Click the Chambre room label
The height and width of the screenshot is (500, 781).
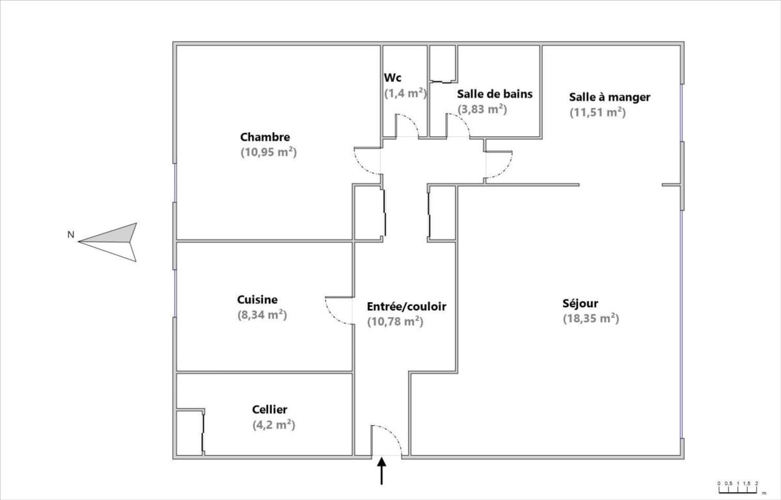pos(265,137)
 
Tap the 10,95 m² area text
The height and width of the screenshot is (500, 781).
pos(268,152)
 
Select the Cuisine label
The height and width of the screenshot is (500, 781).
pos(257,299)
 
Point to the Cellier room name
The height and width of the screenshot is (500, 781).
pos(269,410)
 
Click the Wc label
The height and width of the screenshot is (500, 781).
pos(392,77)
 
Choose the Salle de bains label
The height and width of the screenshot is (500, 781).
pos(495,94)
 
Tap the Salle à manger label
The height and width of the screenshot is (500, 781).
pos(609,97)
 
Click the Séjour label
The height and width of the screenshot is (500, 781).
pos(580,303)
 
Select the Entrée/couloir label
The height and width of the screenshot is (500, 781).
pos(407,307)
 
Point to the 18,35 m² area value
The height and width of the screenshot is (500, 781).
pos(591,319)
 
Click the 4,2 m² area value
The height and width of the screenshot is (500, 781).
pos(274,425)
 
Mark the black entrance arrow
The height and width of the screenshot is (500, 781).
pos(382,471)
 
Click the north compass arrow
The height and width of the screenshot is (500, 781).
pos(108,242)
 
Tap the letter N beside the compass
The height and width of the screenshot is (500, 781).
pos(71,234)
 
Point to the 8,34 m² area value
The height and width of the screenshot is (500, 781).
pos(262,315)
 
